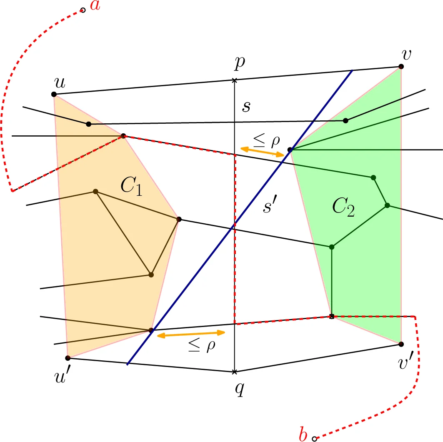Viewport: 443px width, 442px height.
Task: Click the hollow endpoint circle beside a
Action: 83,10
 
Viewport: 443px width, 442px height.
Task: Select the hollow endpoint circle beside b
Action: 315,438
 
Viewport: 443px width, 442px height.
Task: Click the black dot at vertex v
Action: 401,67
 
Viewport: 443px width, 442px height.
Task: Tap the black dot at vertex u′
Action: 68,358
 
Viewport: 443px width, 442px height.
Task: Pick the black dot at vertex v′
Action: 401,344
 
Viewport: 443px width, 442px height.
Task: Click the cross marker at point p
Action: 234,80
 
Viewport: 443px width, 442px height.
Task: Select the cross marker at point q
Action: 234,372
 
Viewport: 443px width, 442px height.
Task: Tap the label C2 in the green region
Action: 344,207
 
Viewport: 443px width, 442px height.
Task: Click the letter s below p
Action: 247,107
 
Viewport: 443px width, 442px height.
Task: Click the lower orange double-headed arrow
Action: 190,334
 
